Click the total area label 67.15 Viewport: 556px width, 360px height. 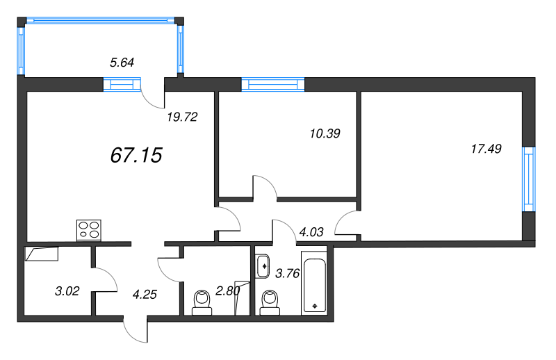pyautogui.click(x=136, y=155)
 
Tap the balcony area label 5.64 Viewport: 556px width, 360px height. pyautogui.click(x=122, y=63)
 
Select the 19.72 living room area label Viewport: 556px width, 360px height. pyautogui.click(x=183, y=117)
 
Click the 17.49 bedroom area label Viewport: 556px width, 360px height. pyautogui.click(x=486, y=148)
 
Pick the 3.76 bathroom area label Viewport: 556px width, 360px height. pyautogui.click(x=287, y=273)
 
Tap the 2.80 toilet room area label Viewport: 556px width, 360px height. pyautogui.click(x=227, y=291)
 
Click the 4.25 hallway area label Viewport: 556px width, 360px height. pyautogui.click(x=144, y=293)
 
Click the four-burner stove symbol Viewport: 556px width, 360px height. pyautogui.click(x=88, y=229)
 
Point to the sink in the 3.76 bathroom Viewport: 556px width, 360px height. pyautogui.click(x=263, y=265)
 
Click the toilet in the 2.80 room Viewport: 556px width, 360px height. pyautogui.click(x=202, y=302)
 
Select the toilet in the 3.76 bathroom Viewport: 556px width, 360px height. pyautogui.click(x=269, y=302)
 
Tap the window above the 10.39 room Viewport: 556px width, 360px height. pyautogui.click(x=272, y=85)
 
